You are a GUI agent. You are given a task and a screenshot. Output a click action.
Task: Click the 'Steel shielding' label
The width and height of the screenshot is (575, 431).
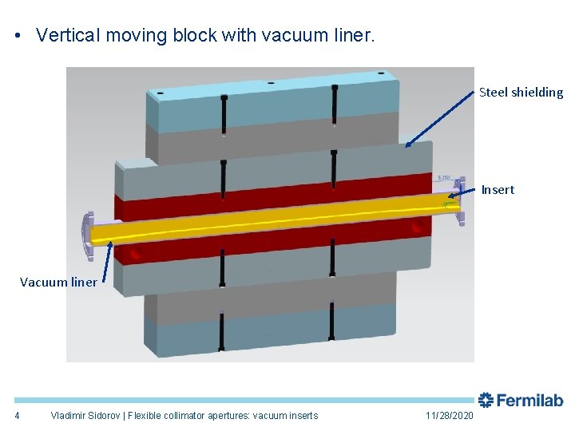tap(521, 93)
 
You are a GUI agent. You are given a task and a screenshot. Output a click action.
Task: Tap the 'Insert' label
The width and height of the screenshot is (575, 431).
tap(498, 190)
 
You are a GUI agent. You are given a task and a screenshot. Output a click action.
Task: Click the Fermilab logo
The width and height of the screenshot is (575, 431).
tap(521, 400)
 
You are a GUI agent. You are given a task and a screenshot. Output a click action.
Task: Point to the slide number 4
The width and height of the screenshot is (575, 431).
tap(17, 416)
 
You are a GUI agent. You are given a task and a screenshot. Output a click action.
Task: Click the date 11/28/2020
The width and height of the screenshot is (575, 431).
tap(450, 416)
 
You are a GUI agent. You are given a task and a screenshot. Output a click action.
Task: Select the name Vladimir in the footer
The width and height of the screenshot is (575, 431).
tap(69, 416)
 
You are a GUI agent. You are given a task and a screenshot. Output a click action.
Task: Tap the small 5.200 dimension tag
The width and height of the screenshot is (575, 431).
tap(445, 177)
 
